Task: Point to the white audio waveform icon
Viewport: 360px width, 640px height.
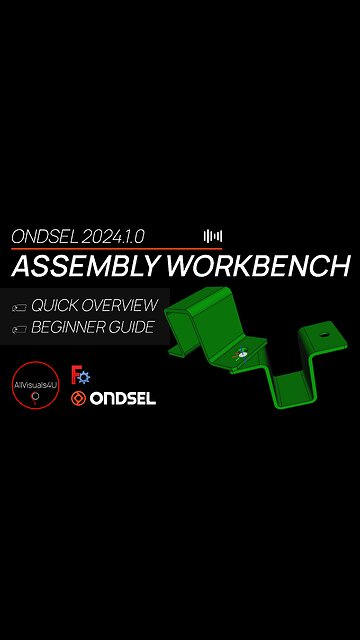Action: coord(212,237)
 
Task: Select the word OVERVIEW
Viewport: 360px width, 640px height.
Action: coord(121,305)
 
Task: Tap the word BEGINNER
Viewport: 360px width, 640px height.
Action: coord(73,327)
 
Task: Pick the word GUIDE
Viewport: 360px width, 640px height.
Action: coord(136,327)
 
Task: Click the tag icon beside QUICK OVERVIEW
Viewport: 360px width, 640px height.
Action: coord(18,306)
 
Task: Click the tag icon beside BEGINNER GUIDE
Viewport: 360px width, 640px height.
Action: coord(18,328)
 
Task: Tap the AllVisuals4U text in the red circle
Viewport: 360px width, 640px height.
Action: coord(36,378)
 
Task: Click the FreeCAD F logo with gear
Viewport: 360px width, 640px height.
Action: coord(80,376)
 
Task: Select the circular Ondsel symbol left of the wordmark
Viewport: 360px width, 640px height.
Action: coord(78,399)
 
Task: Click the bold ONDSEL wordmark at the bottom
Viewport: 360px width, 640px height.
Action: coord(122,399)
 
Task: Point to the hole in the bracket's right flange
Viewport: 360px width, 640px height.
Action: coord(325,330)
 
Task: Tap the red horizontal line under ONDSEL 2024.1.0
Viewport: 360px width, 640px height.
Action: coord(116,249)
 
